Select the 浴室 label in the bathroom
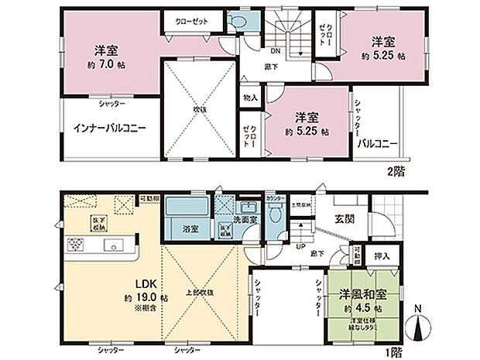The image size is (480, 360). click(x=180, y=229)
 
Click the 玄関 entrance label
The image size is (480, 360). click(x=345, y=219)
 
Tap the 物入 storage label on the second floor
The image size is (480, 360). click(x=249, y=98)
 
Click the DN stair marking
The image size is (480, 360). click(x=275, y=52)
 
